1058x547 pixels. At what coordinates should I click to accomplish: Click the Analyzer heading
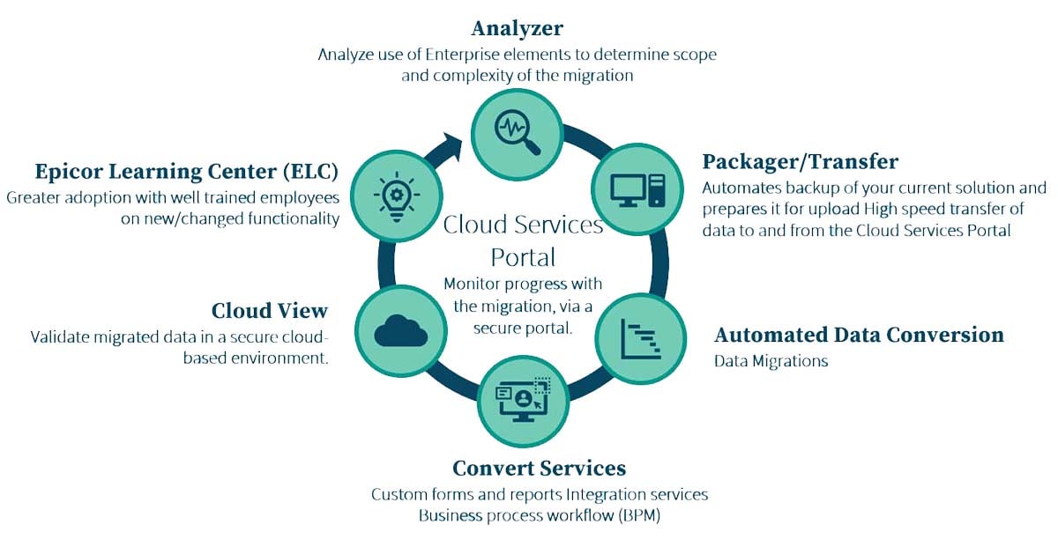(517, 27)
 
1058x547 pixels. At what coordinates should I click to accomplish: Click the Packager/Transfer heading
(800, 161)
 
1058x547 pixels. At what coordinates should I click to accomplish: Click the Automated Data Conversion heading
(859, 336)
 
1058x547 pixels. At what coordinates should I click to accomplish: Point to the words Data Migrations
(771, 361)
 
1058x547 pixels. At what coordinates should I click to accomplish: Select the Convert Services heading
(539, 468)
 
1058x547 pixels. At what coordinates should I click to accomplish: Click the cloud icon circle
(400, 330)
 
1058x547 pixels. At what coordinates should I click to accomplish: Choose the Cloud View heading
(269, 311)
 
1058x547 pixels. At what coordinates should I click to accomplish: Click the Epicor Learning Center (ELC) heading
(187, 170)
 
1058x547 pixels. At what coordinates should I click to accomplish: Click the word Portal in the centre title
(523, 257)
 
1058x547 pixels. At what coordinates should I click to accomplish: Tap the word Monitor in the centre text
(473, 284)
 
